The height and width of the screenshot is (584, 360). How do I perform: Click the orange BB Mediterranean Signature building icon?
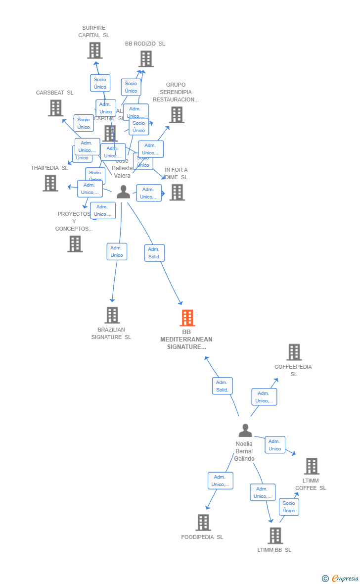[x=187, y=318]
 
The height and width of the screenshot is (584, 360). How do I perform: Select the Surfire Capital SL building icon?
[x=94, y=50]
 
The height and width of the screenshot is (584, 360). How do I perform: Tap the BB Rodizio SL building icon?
[x=146, y=59]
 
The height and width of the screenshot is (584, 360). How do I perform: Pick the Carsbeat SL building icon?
[x=55, y=108]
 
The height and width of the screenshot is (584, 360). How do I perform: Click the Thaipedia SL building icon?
[x=50, y=183]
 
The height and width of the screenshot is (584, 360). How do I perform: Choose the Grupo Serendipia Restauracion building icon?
[x=177, y=115]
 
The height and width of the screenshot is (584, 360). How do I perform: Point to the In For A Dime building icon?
[x=177, y=192]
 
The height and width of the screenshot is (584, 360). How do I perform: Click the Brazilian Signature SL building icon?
[x=112, y=315]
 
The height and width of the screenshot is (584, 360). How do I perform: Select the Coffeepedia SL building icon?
[x=294, y=352]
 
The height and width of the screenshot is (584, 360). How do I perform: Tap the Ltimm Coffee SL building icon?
[x=312, y=466]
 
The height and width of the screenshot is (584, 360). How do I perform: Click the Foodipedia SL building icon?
[x=203, y=523]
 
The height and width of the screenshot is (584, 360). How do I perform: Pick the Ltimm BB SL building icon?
[x=275, y=535]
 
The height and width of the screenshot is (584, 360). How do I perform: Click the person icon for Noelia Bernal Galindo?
[x=245, y=431]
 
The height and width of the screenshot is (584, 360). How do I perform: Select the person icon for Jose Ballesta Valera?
[x=123, y=192]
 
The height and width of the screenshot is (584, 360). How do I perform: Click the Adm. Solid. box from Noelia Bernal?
[x=222, y=386]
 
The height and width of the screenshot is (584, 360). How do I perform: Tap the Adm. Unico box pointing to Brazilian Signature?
[x=117, y=251]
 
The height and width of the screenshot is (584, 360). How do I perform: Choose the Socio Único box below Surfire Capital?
[x=100, y=83]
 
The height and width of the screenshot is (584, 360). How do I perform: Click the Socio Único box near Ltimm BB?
[x=289, y=507]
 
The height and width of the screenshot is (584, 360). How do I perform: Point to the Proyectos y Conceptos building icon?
[x=75, y=244]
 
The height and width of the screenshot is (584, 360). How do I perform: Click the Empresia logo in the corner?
[x=341, y=578]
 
